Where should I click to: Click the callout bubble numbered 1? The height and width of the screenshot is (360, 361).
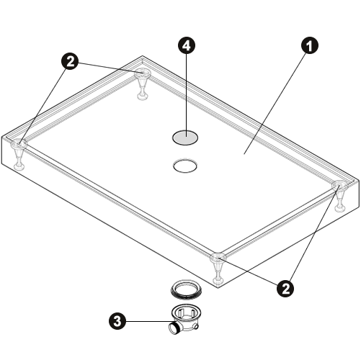pyautogui.click(x=310, y=45)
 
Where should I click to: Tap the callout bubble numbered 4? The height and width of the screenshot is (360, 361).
pyautogui.click(x=187, y=45)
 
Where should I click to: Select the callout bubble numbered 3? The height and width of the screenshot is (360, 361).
pyautogui.click(x=117, y=321)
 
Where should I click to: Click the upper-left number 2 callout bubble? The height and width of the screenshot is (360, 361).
pyautogui.click(x=70, y=62)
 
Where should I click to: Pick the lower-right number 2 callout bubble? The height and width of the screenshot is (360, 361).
pyautogui.click(x=285, y=289)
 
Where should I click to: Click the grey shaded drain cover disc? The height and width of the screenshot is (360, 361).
pyautogui.click(x=185, y=138)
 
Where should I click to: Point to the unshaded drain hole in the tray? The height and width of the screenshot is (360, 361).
pyautogui.click(x=185, y=166)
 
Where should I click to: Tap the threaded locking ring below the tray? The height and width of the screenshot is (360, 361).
pyautogui.click(x=185, y=289)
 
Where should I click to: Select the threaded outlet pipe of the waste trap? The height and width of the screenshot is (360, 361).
pyautogui.click(x=174, y=328)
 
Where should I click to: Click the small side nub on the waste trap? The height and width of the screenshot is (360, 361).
pyautogui.click(x=197, y=327)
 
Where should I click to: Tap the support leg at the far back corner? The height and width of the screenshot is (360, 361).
pyautogui.click(x=143, y=84)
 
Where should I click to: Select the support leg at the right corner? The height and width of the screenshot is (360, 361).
pyautogui.click(x=340, y=196)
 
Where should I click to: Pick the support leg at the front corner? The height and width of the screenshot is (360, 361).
pyautogui.click(x=218, y=269)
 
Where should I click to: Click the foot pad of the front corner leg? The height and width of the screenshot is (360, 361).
pyautogui.click(x=218, y=281)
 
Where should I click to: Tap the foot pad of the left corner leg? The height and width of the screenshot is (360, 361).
pyautogui.click(x=18, y=166)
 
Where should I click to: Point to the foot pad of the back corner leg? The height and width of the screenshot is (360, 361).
pyautogui.click(x=142, y=96)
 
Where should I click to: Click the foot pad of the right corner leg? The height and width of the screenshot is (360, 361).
pyautogui.click(x=340, y=208)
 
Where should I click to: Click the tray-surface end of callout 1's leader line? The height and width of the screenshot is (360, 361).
pyautogui.click(x=244, y=154)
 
